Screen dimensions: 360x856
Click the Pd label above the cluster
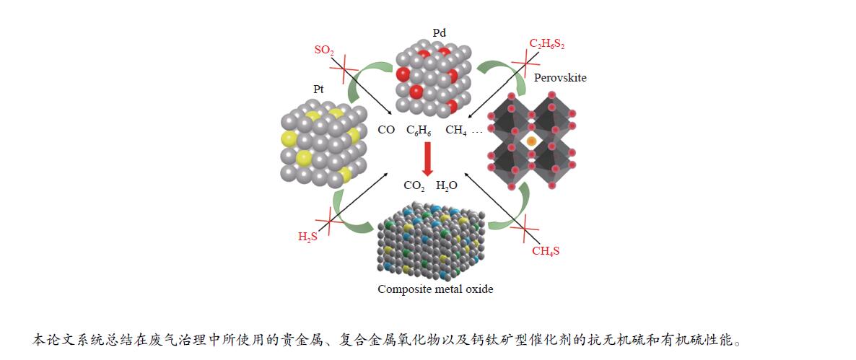pyautogui.click(x=439, y=33)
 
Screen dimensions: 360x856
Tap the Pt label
pyautogui.click(x=318, y=89)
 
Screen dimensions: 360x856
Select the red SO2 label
pyautogui.click(x=324, y=50)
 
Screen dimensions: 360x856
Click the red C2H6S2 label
pyautogui.click(x=547, y=44)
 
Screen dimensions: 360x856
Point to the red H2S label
pyautogui.click(x=308, y=236)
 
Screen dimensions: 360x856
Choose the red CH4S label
pyautogui.click(x=546, y=251)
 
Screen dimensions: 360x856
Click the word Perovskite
pyautogui.click(x=559, y=77)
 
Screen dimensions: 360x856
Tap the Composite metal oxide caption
pyautogui.click(x=435, y=289)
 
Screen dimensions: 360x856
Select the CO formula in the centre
pyautogui.click(x=386, y=131)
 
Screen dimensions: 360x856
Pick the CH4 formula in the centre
pyautogui.click(x=456, y=131)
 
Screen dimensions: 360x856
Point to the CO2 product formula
pyautogui.click(x=414, y=186)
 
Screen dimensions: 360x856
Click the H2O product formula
pyautogui.click(x=447, y=186)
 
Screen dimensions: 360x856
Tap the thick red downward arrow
pyautogui.click(x=428, y=158)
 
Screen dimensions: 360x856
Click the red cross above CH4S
pyautogui.click(x=525, y=231)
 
